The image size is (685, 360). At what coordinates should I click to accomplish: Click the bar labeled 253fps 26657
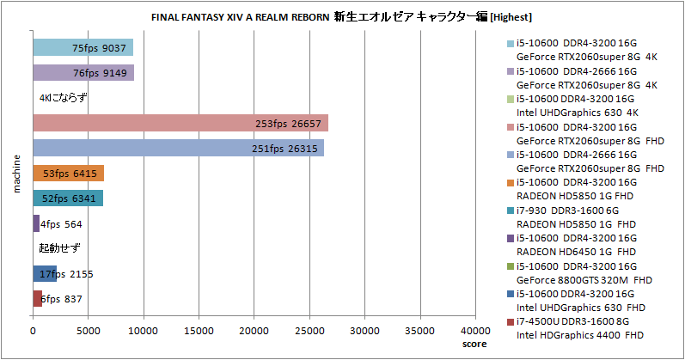pos(180,123)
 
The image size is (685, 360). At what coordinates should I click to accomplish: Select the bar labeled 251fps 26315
pos(178,148)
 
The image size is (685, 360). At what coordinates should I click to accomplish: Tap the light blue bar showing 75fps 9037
pos(83,48)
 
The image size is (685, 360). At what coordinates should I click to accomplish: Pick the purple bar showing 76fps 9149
pos(83,73)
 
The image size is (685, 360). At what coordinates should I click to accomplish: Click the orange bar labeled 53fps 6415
pos(68,173)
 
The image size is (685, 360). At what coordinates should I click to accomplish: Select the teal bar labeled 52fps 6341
pos(68,198)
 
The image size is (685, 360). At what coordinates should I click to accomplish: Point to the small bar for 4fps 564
pos(36,223)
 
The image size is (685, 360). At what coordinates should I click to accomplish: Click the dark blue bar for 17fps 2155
pos(45,274)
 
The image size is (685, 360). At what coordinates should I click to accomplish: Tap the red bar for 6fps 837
pos(37,298)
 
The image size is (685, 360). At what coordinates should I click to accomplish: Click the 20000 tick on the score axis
pos(254,329)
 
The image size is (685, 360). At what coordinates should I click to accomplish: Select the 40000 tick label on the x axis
pos(475,329)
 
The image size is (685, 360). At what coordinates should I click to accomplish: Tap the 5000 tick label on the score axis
pos(88,329)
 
